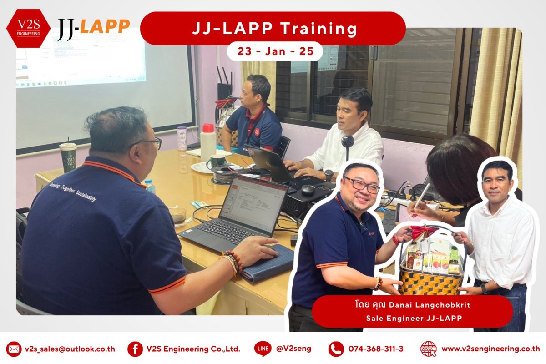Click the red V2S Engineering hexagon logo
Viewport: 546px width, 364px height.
coord(28,28)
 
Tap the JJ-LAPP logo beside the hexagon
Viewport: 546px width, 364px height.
coord(93,29)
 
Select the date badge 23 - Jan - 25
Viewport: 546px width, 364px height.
coord(275,51)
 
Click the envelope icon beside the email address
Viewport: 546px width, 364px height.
coord(14,349)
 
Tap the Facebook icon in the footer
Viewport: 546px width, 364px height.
coord(135,349)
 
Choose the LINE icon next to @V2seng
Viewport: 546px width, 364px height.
coord(263,349)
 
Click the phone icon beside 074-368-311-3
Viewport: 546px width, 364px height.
coord(336,349)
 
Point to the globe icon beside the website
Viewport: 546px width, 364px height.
coord(428,349)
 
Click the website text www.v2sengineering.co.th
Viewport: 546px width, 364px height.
coord(490,349)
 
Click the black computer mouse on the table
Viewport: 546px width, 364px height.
coord(308,190)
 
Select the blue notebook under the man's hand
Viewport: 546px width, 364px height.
coord(268,262)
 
